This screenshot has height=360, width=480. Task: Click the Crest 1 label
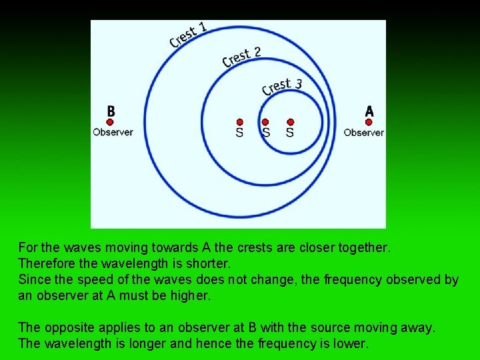pos(189,35)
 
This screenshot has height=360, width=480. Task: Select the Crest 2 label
pos(241,57)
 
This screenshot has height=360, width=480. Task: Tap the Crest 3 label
pos(282,86)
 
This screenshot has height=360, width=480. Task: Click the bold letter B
pos(111,111)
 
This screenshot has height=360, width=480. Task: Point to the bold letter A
pos(369,111)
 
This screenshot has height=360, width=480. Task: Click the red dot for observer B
pos(110,122)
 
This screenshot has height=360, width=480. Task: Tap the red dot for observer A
pos(369,122)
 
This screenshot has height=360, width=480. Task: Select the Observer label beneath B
pos(113,132)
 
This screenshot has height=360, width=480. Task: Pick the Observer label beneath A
pos(363,132)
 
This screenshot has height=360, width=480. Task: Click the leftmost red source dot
pos(240,122)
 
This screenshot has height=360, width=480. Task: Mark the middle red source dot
pos(265,122)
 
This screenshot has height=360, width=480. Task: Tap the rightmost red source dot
pos(290,122)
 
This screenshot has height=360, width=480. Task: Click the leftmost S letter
pos(240,133)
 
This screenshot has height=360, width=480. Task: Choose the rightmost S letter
pos(289,133)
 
